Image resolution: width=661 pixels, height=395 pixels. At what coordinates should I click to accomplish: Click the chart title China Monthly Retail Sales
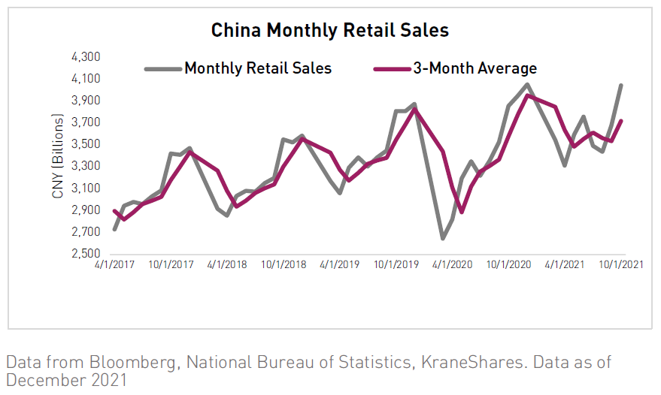click(329, 30)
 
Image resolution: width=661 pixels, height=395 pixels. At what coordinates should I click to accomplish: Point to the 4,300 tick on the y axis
click(87, 57)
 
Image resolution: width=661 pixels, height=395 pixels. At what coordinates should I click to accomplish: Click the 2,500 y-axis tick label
click(87, 254)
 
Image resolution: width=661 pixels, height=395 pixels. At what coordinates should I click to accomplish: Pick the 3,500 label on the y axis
click(87, 144)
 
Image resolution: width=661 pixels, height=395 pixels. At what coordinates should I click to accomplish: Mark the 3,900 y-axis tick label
click(87, 101)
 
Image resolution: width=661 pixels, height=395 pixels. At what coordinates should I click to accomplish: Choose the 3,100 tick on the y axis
click(87, 188)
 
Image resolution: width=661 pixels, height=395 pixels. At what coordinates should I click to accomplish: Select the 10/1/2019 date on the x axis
click(397, 265)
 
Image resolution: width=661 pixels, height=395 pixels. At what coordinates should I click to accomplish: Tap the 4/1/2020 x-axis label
click(453, 265)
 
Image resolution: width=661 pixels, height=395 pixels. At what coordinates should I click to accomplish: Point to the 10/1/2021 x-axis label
click(620, 265)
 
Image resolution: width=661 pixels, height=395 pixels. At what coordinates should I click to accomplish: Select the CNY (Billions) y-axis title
click(58, 156)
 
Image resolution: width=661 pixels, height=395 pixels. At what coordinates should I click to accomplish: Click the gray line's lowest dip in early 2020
click(443, 239)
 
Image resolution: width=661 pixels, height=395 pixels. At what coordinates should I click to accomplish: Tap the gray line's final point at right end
click(621, 85)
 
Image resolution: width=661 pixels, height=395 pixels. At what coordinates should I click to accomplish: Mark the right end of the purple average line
click(621, 121)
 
